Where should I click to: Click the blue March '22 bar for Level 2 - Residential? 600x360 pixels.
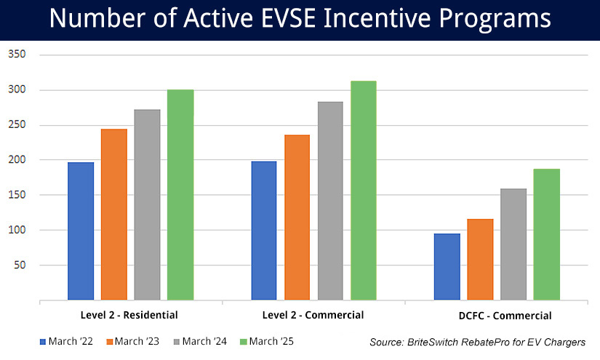(81, 231)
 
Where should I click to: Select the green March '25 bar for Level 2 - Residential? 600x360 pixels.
(180, 194)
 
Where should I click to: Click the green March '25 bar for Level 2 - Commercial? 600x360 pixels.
(364, 190)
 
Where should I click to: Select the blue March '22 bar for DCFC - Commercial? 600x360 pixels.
(447, 266)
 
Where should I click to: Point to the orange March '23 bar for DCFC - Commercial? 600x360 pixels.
(480, 259)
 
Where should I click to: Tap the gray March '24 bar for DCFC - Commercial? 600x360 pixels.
(513, 244)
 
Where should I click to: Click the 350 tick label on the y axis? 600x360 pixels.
(17, 55)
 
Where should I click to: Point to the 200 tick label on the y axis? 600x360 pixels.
(17, 160)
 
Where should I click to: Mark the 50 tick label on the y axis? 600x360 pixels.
(20, 265)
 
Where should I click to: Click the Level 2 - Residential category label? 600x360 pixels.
(129, 315)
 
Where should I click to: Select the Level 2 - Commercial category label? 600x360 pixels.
(313, 315)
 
